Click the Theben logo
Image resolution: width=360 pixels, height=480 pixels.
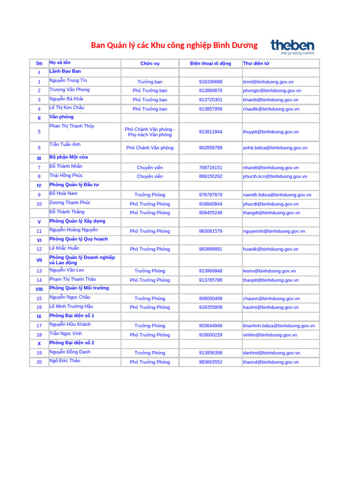click(292, 47)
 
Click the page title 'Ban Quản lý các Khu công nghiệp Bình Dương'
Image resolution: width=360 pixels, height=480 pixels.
click(174, 45)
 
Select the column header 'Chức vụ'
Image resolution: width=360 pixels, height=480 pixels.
click(150, 64)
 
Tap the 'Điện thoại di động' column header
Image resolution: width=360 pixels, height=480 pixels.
click(210, 64)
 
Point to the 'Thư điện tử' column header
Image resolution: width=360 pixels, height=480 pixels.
click(256, 64)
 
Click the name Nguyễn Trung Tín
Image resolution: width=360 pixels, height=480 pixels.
click(68, 81)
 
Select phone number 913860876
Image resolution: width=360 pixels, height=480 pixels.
click(210, 90)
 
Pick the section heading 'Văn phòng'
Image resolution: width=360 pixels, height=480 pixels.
click(61, 117)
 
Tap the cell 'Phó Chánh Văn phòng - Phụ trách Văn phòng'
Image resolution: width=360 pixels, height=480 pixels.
click(150, 132)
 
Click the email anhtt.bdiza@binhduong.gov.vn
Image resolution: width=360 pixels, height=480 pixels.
click(275, 148)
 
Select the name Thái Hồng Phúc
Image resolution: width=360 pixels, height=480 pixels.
click(66, 176)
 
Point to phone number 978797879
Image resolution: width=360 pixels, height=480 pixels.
click(210, 195)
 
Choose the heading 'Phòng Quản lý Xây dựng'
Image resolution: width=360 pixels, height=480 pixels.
click(77, 221)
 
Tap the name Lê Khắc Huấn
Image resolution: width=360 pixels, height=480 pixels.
click(64, 248)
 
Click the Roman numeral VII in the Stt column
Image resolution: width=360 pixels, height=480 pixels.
click(39, 260)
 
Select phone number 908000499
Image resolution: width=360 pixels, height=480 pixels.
click(210, 299)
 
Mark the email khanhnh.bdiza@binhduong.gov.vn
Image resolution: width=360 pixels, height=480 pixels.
click(279, 326)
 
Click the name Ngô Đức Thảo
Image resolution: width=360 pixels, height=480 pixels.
click(65, 361)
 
